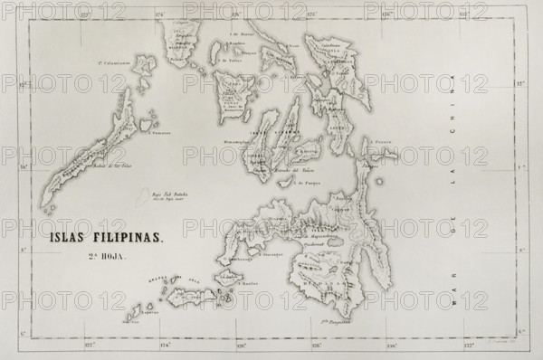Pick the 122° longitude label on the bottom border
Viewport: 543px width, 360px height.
click(x=89, y=346)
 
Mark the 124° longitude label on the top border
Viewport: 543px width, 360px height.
click(x=159, y=15)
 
